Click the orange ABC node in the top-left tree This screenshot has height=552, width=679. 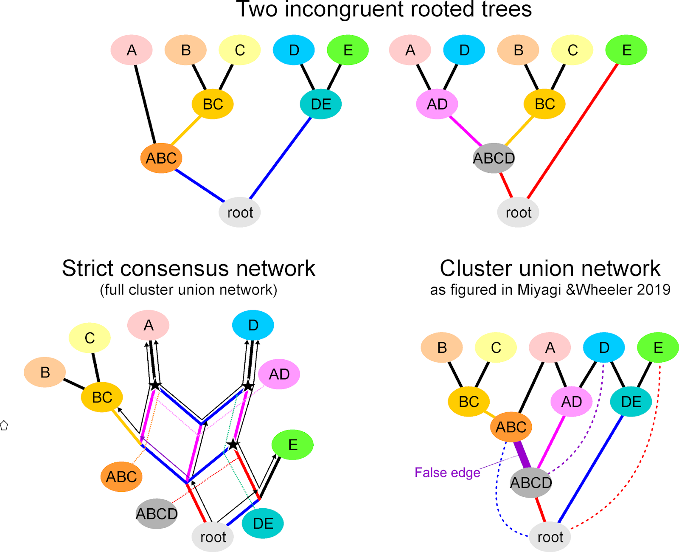pyautogui.click(x=161, y=158)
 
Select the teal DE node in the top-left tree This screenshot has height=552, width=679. pyautogui.click(x=321, y=104)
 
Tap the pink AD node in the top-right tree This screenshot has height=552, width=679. pyautogui.click(x=437, y=104)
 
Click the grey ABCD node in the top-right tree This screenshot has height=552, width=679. pyautogui.click(x=494, y=158)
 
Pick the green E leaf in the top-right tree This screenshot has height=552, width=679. pyautogui.click(x=626, y=50)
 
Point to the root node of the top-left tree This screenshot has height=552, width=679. pyautogui.click(x=240, y=212)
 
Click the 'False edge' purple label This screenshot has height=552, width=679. pyautogui.click(x=447, y=473)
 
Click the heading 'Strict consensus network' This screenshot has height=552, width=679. pyautogui.click(x=188, y=268)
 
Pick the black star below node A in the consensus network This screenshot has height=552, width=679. pyautogui.click(x=155, y=385)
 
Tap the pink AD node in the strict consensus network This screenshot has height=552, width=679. pyautogui.click(x=279, y=374)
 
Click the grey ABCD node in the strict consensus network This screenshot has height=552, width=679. pyautogui.click(x=157, y=514)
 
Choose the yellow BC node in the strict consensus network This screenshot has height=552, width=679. pyautogui.click(x=102, y=397)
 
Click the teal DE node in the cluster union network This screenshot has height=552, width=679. pyautogui.click(x=631, y=401)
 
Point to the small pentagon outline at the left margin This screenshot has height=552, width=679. pyautogui.click(x=4, y=425)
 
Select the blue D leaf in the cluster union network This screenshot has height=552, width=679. pyautogui.click(x=604, y=348)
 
